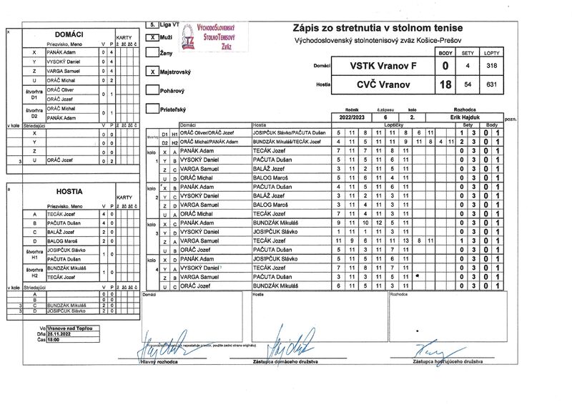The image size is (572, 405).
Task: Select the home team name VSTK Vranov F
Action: (383, 66)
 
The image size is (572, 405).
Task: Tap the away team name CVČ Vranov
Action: (383, 84)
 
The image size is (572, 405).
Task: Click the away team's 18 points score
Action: (445, 84)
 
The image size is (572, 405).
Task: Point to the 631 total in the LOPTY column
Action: (491, 84)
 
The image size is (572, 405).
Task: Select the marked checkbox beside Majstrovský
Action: (151, 72)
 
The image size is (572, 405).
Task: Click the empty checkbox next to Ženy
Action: (151, 52)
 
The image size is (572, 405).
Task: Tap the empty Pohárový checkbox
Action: (151, 90)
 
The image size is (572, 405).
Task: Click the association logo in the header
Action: (187, 38)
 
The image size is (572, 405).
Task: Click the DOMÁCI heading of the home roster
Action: (69, 34)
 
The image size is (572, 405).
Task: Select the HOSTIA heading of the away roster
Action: (69, 192)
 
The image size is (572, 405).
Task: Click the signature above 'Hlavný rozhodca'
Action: (163, 351)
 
